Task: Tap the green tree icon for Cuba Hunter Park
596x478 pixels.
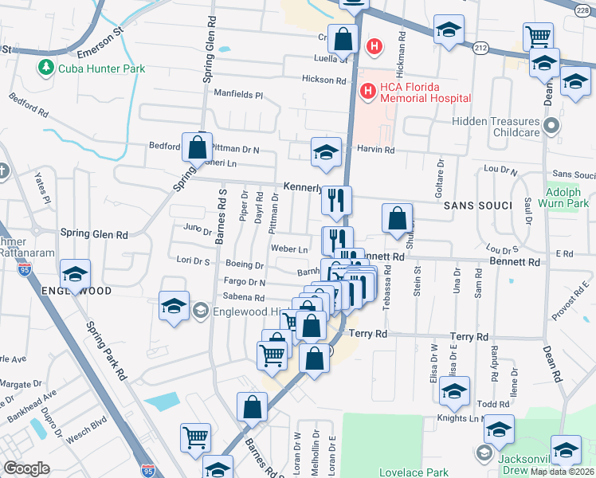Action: [x=46, y=69]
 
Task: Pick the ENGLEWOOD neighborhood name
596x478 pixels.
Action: [x=76, y=292]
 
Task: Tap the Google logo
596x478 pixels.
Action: [x=26, y=468]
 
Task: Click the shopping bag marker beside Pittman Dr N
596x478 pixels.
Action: [x=197, y=147]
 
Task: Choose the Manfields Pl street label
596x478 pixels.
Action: [x=237, y=94]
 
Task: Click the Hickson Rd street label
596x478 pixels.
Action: [x=323, y=80]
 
